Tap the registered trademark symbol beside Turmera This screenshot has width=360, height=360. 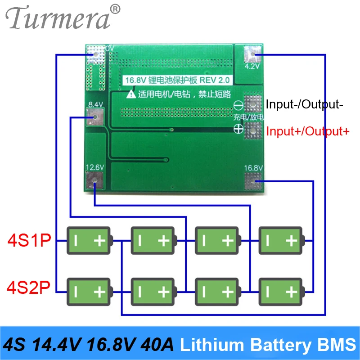point(116,9)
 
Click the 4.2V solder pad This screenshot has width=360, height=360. point(252,56)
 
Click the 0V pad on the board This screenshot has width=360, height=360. point(95,54)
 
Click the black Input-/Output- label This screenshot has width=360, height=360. point(305,105)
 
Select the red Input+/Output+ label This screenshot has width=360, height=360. point(307,132)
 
